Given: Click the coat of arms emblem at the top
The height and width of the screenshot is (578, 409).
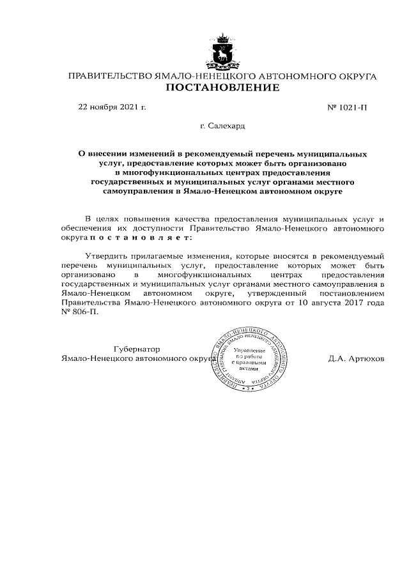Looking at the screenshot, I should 223,52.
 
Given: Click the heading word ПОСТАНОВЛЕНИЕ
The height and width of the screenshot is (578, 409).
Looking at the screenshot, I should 222,87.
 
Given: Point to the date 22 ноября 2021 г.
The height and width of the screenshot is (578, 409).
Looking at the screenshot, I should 112,107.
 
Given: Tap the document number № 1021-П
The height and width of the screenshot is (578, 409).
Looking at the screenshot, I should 347,107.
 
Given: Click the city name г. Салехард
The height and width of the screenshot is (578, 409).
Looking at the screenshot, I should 222,128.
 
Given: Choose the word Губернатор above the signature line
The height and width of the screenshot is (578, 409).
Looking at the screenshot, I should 136,349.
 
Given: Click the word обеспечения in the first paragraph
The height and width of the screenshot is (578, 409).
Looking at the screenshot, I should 86,227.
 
